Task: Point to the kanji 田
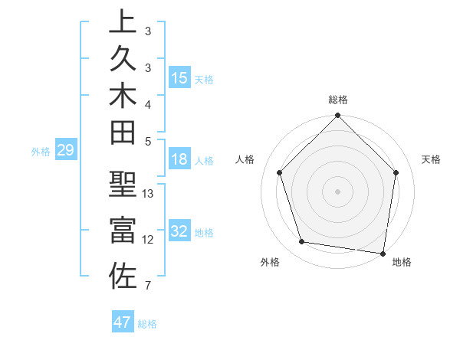(x=123, y=136)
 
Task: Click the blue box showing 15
(x=179, y=78)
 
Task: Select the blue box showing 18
(x=179, y=161)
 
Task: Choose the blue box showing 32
(x=179, y=231)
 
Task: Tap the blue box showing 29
(x=65, y=150)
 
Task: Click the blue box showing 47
(x=123, y=322)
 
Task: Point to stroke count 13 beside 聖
(x=148, y=194)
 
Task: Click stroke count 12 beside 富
(x=148, y=240)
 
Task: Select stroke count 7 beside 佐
(x=148, y=286)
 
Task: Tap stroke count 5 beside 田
(x=148, y=142)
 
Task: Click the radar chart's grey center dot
(x=337, y=191)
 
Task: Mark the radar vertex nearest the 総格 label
(x=337, y=116)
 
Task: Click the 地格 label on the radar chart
(x=402, y=262)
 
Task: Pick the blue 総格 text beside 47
(x=147, y=324)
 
